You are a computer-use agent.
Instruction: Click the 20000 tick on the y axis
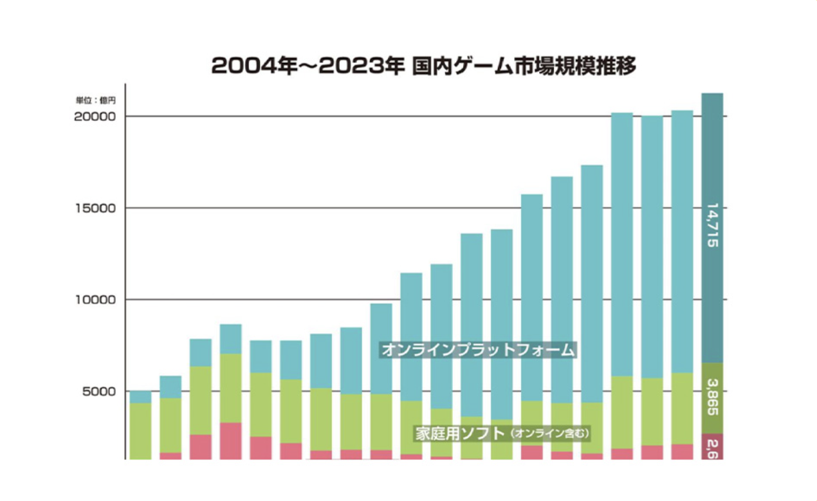pyautogui.click(x=95, y=116)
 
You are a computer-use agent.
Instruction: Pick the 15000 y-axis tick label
pyautogui.click(x=95, y=208)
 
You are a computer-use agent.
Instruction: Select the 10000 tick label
pyautogui.click(x=95, y=300)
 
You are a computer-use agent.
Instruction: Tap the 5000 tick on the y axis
pyautogui.click(x=98, y=391)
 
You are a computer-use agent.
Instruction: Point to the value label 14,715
pyautogui.click(x=712, y=226)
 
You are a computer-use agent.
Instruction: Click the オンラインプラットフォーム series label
pyautogui.click(x=477, y=351)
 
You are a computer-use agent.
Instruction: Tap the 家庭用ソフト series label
pyautogui.click(x=459, y=433)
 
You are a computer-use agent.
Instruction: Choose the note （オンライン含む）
pyautogui.click(x=550, y=434)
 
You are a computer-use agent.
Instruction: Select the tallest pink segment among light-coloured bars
pyautogui.click(x=230, y=441)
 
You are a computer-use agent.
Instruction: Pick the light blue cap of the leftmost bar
pyautogui.click(x=140, y=397)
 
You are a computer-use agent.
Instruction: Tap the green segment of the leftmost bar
pyautogui.click(x=140, y=431)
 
